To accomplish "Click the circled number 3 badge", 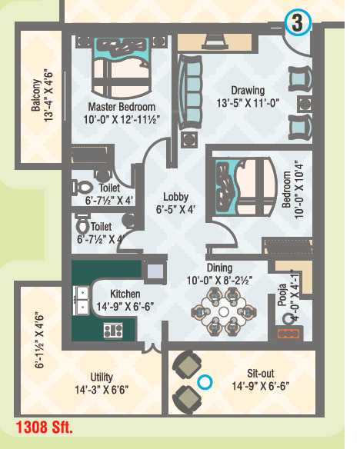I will tap(296, 23).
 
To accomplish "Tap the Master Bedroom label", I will tap(122, 107).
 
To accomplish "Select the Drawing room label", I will tap(248, 90).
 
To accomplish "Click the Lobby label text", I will tap(176, 197).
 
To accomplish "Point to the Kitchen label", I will tap(125, 294).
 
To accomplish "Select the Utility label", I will tap(102, 377).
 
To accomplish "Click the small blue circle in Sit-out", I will tap(205, 381).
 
